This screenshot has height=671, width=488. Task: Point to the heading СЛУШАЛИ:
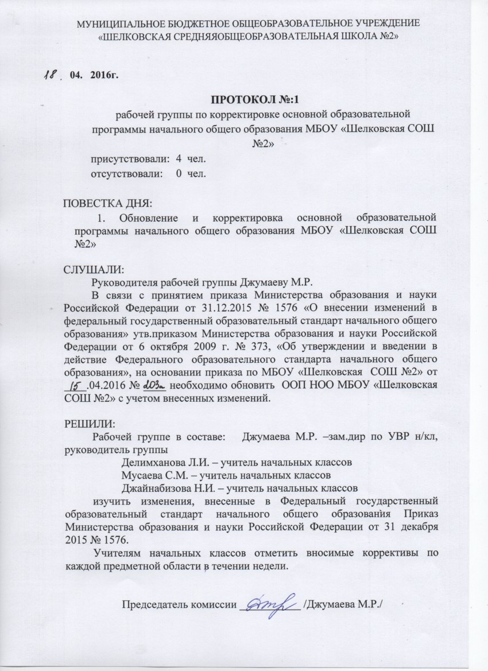[93, 269]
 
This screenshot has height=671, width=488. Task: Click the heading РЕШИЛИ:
[89, 425]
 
